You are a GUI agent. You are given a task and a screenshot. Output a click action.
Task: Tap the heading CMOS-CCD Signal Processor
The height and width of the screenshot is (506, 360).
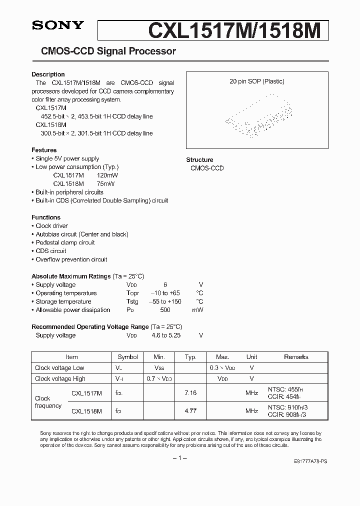pos(104,51)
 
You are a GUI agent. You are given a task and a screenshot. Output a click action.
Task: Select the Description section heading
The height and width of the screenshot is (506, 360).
pos(48,74)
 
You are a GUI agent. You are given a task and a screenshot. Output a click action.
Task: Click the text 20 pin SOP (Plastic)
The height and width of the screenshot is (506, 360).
pos(256,81)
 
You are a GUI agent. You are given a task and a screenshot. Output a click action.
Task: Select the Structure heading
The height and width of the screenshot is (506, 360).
pos(199,160)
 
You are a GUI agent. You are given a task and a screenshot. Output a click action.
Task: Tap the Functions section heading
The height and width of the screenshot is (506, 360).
pos(46,217)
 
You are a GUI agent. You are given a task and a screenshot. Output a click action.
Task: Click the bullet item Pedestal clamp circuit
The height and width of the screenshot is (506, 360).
pos(65,242)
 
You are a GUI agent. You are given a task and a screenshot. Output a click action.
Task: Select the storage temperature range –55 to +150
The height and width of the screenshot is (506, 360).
pos(165,301)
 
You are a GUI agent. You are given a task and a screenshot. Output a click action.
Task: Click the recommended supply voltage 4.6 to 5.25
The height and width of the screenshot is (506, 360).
pos(165,335)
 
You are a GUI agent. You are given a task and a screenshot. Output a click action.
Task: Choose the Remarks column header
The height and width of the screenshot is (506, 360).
pos(296,357)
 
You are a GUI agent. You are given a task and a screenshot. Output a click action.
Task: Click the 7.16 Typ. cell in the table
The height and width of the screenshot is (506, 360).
pos(190,393)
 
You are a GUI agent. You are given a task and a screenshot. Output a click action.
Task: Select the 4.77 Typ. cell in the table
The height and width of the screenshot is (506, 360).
pos(190,411)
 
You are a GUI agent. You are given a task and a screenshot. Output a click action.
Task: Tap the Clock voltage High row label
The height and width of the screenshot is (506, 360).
pos(60,379)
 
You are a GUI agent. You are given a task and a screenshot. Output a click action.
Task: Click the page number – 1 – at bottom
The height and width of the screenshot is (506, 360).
pos(179,458)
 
